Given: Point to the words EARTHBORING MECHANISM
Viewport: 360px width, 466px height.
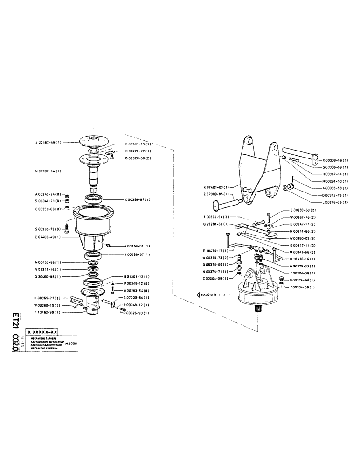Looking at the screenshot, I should [47, 342].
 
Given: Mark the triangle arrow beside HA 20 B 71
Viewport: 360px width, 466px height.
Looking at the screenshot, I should [198, 295].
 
